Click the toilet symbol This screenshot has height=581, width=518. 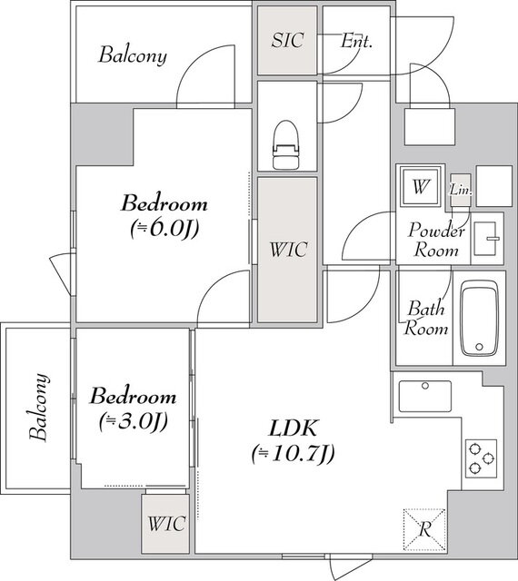tap(285, 144)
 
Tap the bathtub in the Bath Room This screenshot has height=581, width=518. tap(479, 319)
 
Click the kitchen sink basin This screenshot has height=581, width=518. tap(425, 396)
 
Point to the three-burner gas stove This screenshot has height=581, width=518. tap(482, 458)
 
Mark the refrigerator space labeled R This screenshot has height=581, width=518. tap(424, 529)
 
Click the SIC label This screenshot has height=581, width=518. tap(287, 40)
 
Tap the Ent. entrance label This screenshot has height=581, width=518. tap(356, 41)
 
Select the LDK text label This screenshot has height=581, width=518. tap(293, 428)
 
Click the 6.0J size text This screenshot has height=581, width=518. tap(164, 229)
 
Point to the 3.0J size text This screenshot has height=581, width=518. tap(134, 421)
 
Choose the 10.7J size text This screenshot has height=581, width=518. tap(293, 453)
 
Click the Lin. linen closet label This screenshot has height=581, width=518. tap(461, 190)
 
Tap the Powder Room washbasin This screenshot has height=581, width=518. tap(486, 239)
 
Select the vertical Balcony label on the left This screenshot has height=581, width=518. tap(39, 408)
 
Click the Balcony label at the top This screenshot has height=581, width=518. tap(133, 55)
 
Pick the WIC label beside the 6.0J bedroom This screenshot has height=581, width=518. tap(288, 249)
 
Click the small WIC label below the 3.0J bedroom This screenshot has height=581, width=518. tap(166, 524)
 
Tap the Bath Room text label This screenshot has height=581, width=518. tap(425, 318)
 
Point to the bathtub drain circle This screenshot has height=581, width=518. tap(479, 347)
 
